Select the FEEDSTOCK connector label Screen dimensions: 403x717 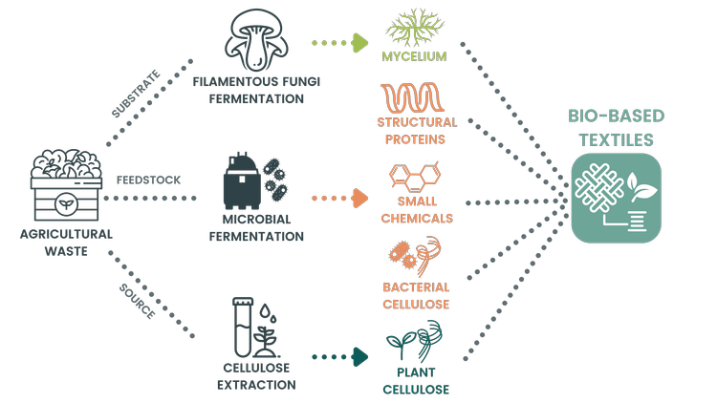click(x=148, y=180)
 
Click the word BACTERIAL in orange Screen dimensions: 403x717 click(x=417, y=286)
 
